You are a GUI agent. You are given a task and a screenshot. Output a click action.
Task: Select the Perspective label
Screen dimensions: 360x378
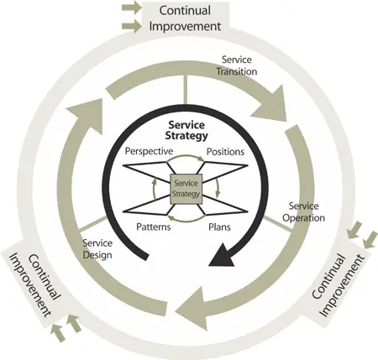pos(149,151)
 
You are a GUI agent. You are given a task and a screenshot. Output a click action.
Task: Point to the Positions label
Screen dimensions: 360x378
pos(224,152)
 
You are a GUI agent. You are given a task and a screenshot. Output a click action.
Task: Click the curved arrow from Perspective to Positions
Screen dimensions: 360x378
pos(186,164)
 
